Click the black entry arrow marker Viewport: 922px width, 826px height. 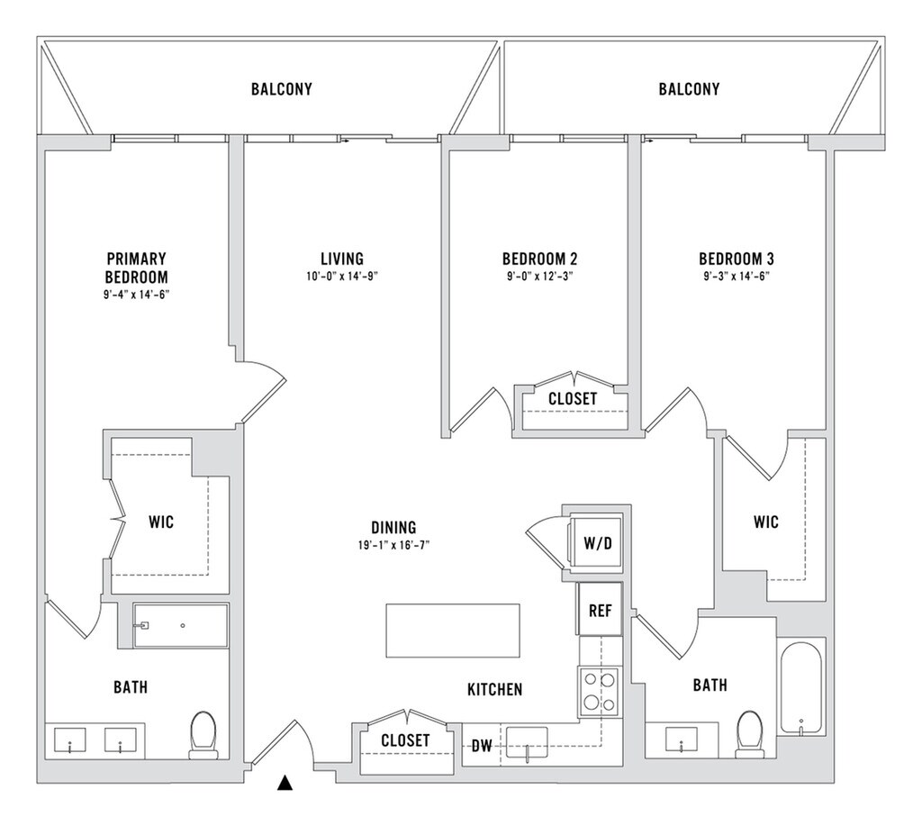coord(285,783)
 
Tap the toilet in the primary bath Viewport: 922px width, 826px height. coord(203,733)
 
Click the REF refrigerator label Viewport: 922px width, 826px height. coord(600,611)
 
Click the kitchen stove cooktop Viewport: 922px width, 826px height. coord(599,691)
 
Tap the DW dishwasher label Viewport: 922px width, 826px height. coord(482,746)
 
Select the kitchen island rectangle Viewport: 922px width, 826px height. coord(453,631)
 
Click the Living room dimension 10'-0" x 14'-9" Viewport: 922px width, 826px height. coord(341,276)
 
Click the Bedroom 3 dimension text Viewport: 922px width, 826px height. coord(737,276)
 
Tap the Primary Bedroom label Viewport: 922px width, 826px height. coord(136,268)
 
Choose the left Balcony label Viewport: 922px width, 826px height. coord(281,89)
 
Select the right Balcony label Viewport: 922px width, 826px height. coord(689,89)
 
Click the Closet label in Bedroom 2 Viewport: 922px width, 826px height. coord(573,398)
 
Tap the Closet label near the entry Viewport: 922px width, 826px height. coord(405,740)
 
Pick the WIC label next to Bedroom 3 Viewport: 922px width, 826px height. coord(766,522)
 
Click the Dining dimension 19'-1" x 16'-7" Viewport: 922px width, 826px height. coord(393,545)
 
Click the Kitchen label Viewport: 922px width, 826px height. coord(494,690)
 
